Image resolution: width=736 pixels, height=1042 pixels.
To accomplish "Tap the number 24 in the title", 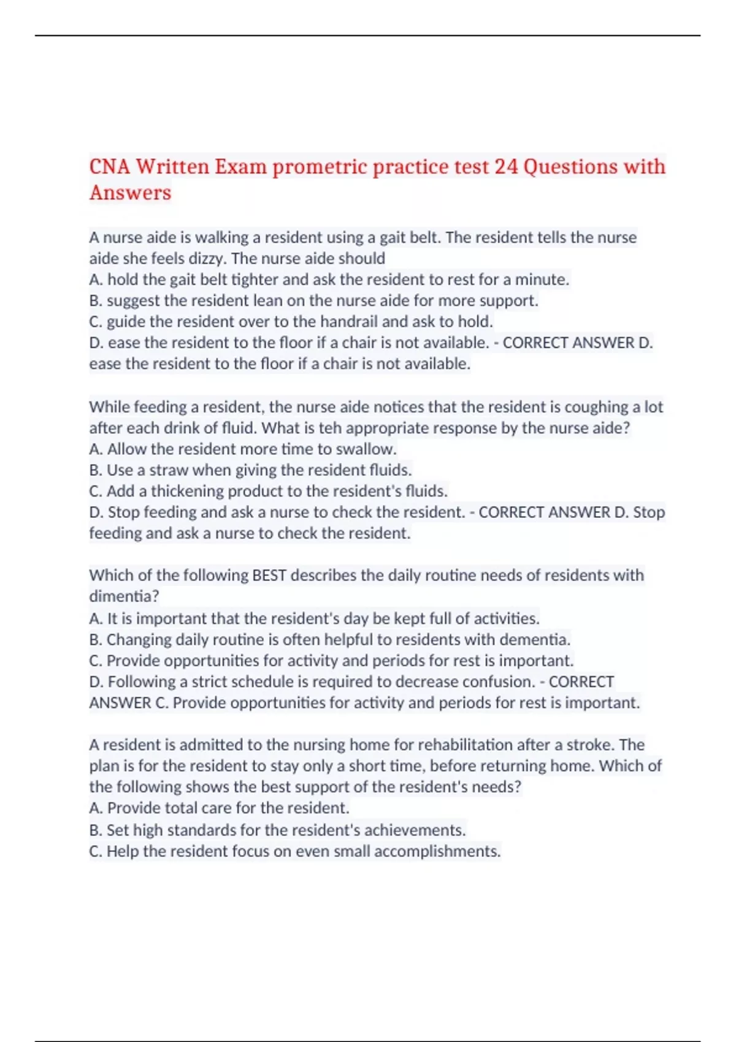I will pyautogui.click(x=506, y=167).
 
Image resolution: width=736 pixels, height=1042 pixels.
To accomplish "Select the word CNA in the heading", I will pyautogui.click(x=109, y=167).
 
